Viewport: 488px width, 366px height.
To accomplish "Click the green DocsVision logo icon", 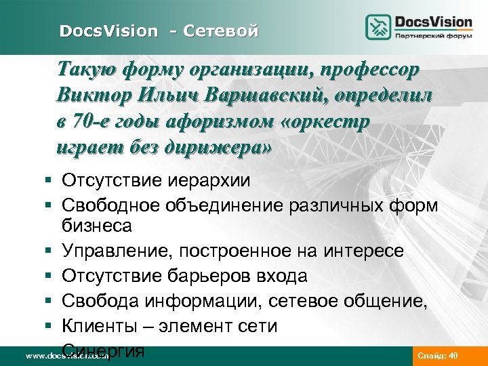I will [378, 28].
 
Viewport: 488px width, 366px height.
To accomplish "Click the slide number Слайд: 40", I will [439, 355].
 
